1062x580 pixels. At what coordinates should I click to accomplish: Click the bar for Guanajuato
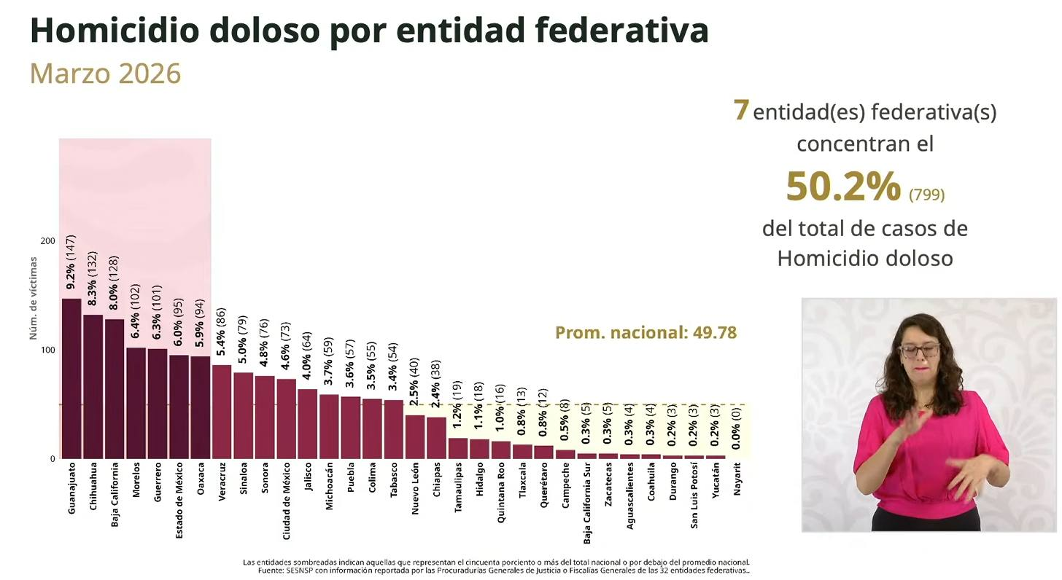(71, 378)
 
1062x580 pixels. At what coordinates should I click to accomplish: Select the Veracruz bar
(222, 412)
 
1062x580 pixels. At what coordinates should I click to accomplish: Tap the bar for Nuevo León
(415, 436)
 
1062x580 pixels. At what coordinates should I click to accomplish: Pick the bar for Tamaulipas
(458, 448)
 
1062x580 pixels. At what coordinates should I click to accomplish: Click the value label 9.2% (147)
(71, 263)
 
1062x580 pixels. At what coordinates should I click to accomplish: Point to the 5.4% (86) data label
(222, 332)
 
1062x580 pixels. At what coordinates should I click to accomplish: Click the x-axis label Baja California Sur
(587, 503)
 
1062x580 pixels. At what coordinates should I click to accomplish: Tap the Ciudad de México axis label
(287, 503)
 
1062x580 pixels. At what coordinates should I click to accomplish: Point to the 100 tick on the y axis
(47, 350)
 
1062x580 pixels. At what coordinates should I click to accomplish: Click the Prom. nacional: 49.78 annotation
(646, 333)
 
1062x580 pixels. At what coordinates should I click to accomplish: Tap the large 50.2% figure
(843, 187)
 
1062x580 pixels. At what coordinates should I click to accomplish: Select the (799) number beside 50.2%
(926, 195)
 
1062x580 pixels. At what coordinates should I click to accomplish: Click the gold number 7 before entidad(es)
(741, 110)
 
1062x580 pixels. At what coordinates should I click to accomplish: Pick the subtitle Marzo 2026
(105, 74)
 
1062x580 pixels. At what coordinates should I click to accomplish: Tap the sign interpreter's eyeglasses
(919, 350)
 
